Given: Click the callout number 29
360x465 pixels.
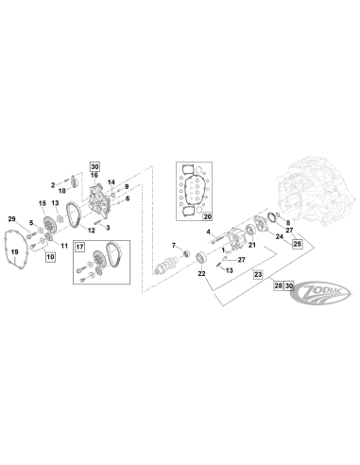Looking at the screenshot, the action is point(11,219).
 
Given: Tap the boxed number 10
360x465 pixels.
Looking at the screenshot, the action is point(50,257).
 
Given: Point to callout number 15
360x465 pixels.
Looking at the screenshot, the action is point(43,203).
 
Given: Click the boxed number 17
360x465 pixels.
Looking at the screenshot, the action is point(79,247).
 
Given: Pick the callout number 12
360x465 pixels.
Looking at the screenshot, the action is point(92,231).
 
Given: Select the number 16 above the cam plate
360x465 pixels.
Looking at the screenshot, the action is point(94,175).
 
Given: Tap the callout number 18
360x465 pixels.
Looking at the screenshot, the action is point(62,191).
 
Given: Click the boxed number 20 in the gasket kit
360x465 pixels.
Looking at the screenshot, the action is point(208,216).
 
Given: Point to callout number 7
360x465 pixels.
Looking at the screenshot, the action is point(174,245).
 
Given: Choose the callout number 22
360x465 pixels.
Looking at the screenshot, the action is point(201,274).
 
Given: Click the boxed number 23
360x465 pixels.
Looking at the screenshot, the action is point(258,275).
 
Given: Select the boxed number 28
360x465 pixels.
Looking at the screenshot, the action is point(278,285).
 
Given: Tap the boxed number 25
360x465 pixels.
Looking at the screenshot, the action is point(298,244).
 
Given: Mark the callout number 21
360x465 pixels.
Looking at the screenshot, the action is point(252,245).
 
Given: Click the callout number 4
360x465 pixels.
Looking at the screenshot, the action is point(208,232).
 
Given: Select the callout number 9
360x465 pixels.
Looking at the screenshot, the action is point(127,186).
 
